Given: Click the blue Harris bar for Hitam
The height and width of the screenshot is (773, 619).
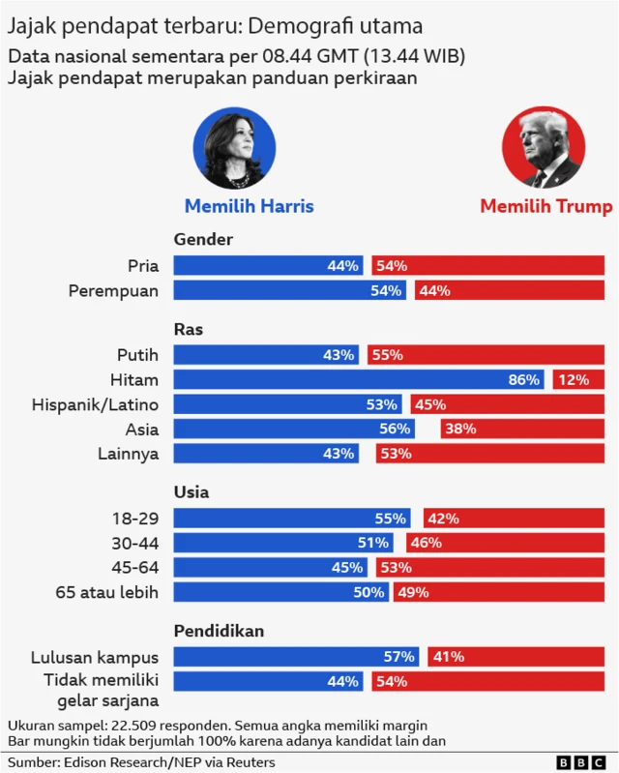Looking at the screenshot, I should [358, 379].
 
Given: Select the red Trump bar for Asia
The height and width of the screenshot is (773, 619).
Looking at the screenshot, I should [522, 429].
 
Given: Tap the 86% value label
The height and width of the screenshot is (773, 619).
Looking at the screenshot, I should [524, 380].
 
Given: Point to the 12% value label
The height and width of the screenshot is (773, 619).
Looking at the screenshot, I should [574, 380].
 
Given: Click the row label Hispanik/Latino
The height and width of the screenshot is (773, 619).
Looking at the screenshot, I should [95, 403].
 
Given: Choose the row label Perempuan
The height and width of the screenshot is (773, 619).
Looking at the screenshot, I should [113, 290].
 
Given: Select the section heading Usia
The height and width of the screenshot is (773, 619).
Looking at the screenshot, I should [192, 492].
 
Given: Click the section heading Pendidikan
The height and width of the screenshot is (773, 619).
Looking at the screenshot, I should [219, 631].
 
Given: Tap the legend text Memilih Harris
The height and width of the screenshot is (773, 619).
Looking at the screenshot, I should [249, 206].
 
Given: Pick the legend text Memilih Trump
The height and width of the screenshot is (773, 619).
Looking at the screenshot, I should [545, 206].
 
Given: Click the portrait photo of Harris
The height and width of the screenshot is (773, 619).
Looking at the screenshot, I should [234, 147].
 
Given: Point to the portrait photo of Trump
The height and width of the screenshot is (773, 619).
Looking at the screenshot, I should [544, 147].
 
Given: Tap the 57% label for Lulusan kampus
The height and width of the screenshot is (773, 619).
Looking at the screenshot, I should [398, 657].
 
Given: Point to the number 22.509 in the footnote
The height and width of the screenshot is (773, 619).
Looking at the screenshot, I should [139, 725].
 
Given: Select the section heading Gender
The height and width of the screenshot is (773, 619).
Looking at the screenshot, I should [203, 239].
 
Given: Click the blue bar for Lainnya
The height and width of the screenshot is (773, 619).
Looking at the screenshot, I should [266, 453].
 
